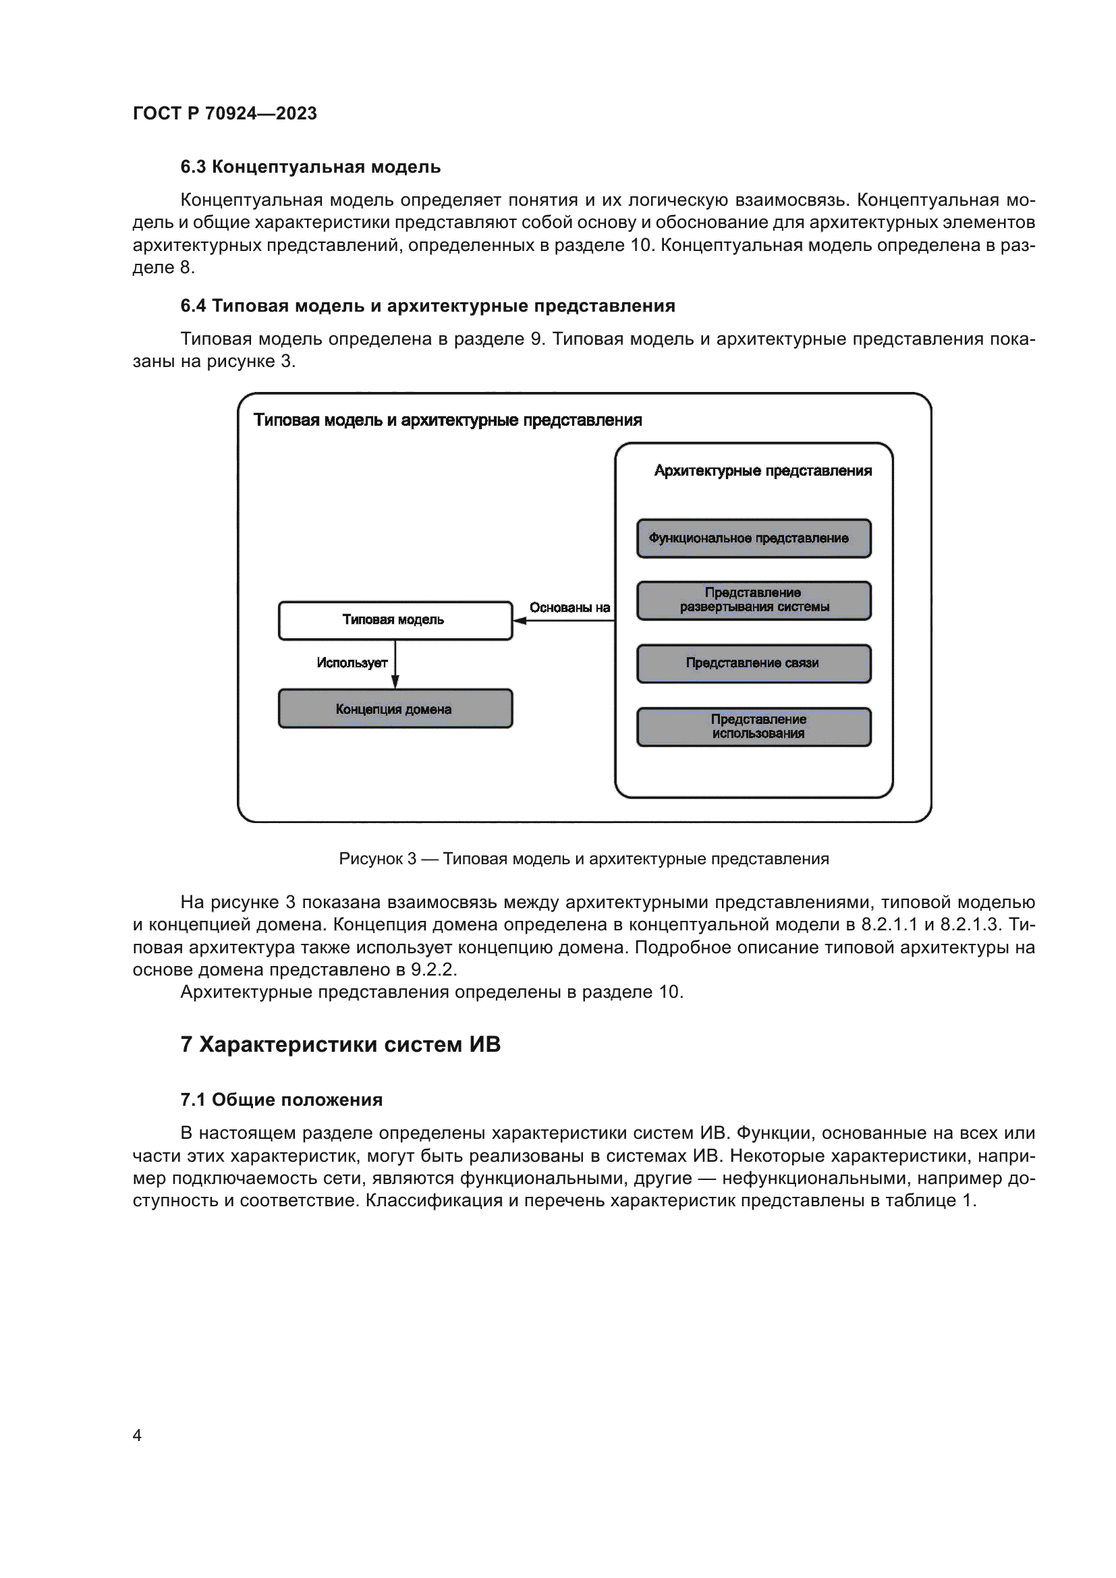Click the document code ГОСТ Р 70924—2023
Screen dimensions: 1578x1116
tap(225, 113)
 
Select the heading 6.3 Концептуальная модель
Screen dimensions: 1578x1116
tap(310, 167)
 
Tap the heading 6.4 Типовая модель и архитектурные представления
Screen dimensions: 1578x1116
tap(427, 306)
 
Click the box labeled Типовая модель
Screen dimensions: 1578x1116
tap(395, 620)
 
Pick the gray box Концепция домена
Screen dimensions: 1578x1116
tap(395, 708)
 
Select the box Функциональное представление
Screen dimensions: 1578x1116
tap(753, 538)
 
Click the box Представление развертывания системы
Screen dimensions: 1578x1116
tap(753, 600)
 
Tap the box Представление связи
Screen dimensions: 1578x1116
tap(753, 663)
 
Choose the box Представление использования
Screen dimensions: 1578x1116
tap(753, 727)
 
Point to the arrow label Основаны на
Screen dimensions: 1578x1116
tap(569, 608)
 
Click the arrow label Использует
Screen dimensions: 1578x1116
tap(352, 663)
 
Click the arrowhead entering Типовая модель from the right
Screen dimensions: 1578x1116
tap(520, 621)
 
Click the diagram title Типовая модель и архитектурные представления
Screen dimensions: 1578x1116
tap(447, 420)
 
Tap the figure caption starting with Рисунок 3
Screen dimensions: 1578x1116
tap(584, 858)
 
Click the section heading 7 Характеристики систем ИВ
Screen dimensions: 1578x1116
tap(340, 1044)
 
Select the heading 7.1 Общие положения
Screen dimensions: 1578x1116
tap(281, 1100)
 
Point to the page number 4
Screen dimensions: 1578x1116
tap(137, 1436)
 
